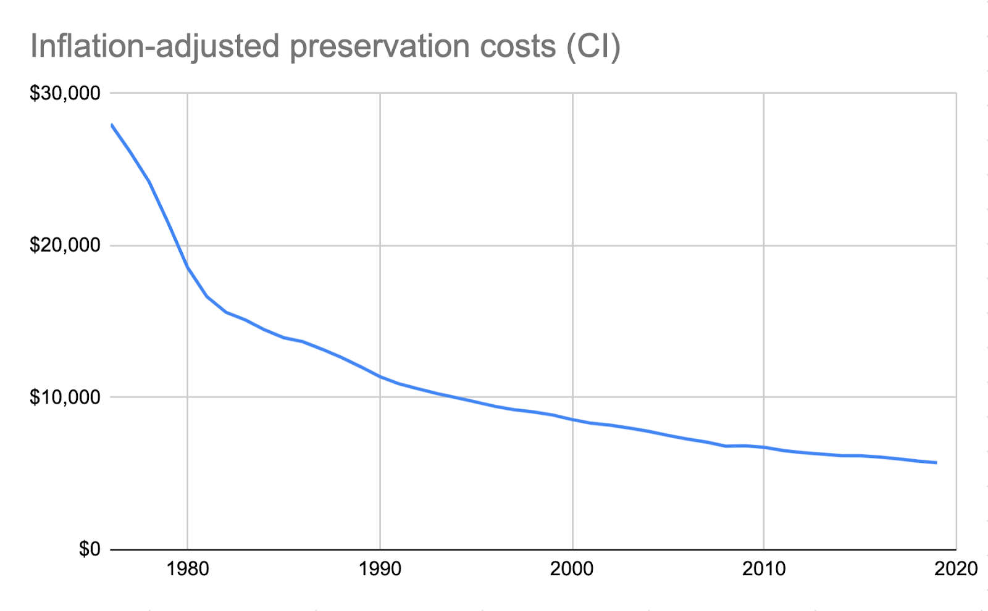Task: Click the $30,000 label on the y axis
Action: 65,94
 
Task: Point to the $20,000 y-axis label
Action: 65,246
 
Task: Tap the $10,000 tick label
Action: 65,397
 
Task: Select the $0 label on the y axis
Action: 90,549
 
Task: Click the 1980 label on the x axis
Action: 188,569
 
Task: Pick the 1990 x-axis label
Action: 380,569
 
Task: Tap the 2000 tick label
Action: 572,569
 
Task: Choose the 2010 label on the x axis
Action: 764,569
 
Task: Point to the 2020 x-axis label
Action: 956,569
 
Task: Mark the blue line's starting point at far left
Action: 111,125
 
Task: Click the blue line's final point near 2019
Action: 936,462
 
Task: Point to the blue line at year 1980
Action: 188,267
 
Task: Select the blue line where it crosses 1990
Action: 380,376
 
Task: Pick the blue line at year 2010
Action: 764,447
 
